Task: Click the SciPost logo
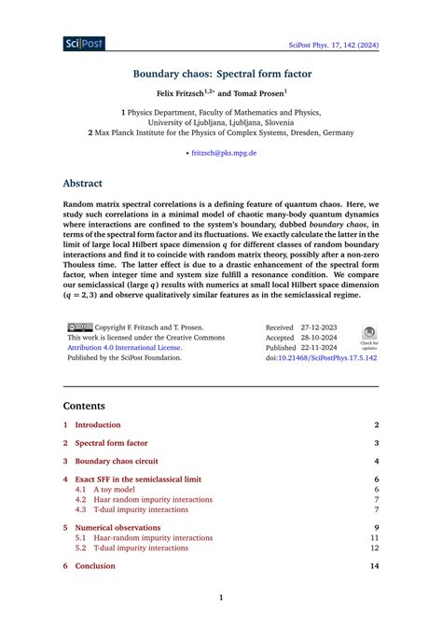click(84, 43)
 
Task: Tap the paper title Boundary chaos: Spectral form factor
click(221, 74)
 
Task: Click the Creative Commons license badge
click(80, 328)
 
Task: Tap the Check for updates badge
click(368, 336)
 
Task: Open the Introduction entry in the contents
click(98, 424)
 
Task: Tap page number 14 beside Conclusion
click(374, 565)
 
